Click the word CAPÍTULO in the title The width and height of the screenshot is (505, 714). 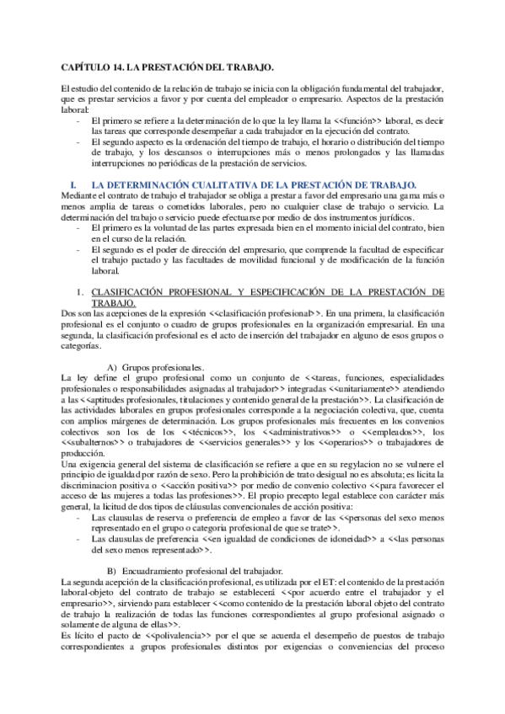(x=85, y=66)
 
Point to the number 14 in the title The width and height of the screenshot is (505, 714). (x=119, y=66)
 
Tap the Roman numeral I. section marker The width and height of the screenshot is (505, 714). (x=77, y=183)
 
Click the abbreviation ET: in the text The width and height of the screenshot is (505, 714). (x=316, y=583)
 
